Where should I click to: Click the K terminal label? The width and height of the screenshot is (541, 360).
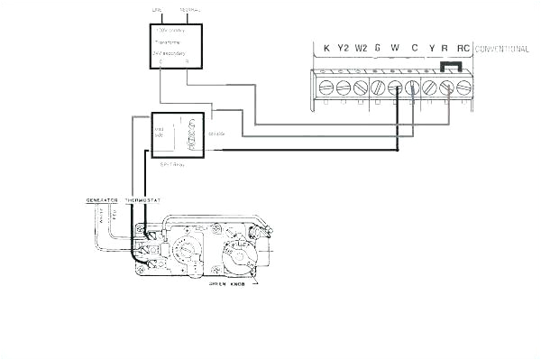[x=326, y=48]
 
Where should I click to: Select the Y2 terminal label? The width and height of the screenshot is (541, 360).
[x=343, y=48]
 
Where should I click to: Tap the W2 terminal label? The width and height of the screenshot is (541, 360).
[x=361, y=48]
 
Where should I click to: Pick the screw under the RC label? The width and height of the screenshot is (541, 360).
[x=464, y=87]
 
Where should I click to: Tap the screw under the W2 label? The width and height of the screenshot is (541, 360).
[x=361, y=87]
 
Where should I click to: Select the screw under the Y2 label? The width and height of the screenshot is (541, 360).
[x=344, y=87]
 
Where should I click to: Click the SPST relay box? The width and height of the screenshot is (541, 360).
[x=176, y=135]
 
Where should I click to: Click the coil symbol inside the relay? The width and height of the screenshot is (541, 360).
[x=189, y=134]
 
